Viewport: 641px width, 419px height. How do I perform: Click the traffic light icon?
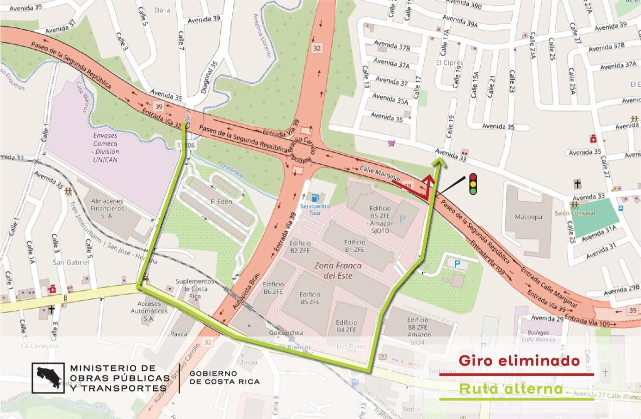(x=472, y=183)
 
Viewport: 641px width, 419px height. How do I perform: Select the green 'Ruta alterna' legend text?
(x=511, y=388)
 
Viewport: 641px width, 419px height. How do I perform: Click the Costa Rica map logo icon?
(x=48, y=378)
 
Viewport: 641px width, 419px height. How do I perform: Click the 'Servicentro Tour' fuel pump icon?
(x=314, y=197)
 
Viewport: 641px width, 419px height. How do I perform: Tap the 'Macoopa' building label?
(x=528, y=217)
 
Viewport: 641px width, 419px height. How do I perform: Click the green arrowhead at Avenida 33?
(x=439, y=160)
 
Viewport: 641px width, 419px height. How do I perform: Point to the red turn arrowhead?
(x=429, y=179)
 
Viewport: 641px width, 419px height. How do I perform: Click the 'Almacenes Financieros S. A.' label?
(x=107, y=208)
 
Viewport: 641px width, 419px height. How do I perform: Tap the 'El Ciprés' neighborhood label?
(x=449, y=62)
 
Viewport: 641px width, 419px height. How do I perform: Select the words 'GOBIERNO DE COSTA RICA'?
(x=224, y=377)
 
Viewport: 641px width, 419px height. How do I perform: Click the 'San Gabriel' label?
(x=71, y=262)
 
